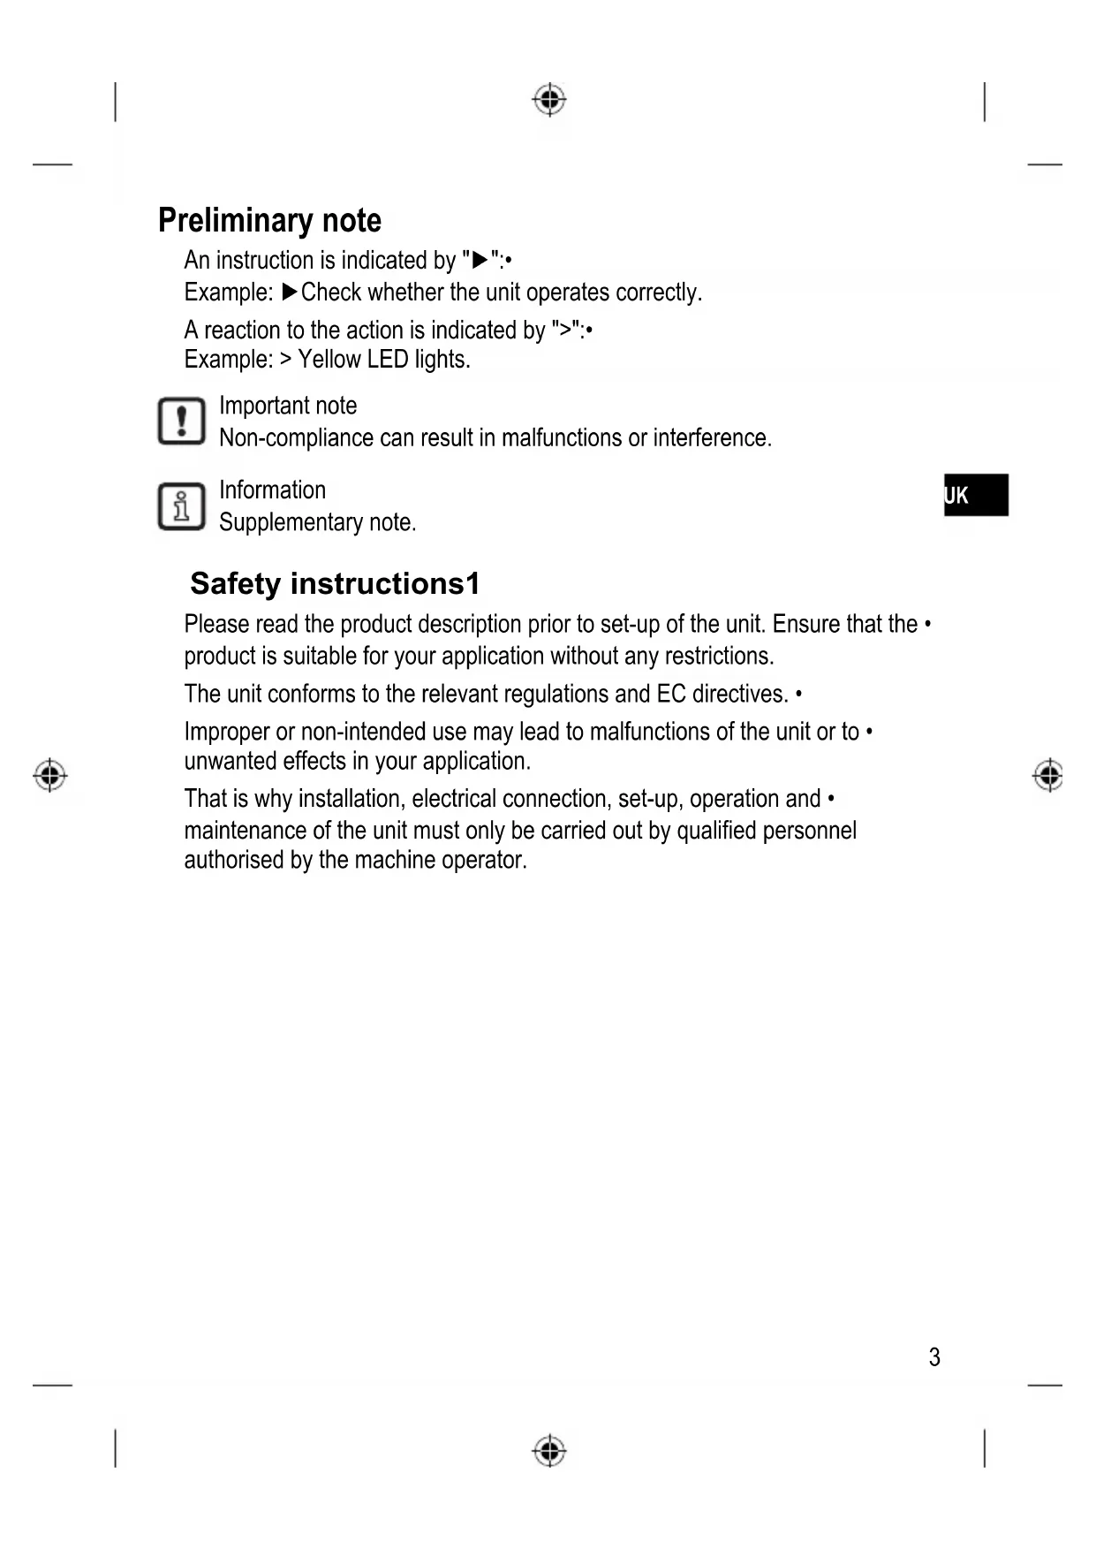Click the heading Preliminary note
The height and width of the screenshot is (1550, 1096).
pos(269,220)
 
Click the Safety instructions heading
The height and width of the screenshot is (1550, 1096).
pos(335,583)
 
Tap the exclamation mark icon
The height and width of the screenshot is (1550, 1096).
pos(181,422)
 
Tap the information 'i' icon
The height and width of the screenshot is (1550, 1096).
pos(181,506)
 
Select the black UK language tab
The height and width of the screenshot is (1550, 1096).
pos(976,495)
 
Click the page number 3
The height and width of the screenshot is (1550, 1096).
pos(934,1356)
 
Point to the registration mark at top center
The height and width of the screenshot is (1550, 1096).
pos(549,100)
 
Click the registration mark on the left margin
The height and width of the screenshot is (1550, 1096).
pos(50,775)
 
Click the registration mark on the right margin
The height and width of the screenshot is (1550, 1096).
pos(1048,775)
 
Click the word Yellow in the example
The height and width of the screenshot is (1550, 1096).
pos(329,360)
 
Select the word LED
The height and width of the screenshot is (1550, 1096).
pos(388,360)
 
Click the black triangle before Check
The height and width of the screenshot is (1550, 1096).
pos(290,292)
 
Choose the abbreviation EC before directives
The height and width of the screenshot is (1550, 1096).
pos(670,694)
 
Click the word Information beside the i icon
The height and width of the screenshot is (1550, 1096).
pos(272,490)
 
